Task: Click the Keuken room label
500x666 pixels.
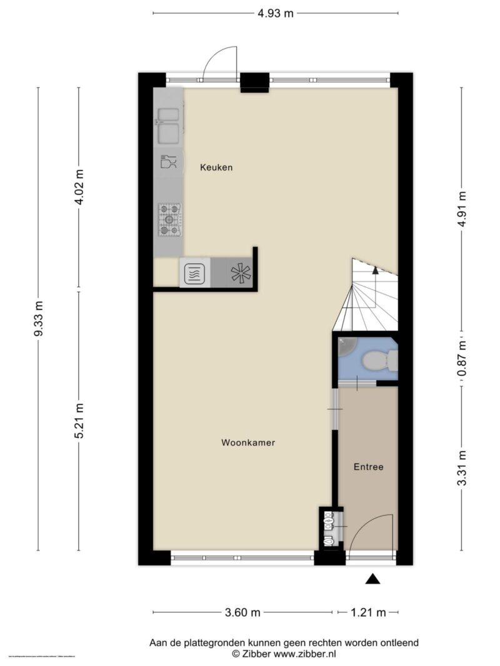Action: coord(216,167)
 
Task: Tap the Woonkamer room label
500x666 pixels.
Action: coord(248,443)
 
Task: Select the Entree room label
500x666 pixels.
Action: coord(368,466)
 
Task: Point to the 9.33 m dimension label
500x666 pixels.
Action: coord(39,319)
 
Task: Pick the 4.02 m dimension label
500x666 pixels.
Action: coord(79,187)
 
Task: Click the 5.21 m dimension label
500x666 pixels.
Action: coord(79,421)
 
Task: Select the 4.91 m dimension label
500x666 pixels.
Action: coord(462,209)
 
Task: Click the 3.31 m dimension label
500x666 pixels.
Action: coord(462,469)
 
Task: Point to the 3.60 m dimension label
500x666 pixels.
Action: coord(242,612)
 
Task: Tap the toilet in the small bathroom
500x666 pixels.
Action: coord(377,361)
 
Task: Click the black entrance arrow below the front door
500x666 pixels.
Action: coord(372,579)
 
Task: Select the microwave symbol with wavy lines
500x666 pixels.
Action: coord(193,273)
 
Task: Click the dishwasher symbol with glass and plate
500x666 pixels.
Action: coord(168,162)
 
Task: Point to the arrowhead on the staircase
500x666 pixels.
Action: coord(374,270)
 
